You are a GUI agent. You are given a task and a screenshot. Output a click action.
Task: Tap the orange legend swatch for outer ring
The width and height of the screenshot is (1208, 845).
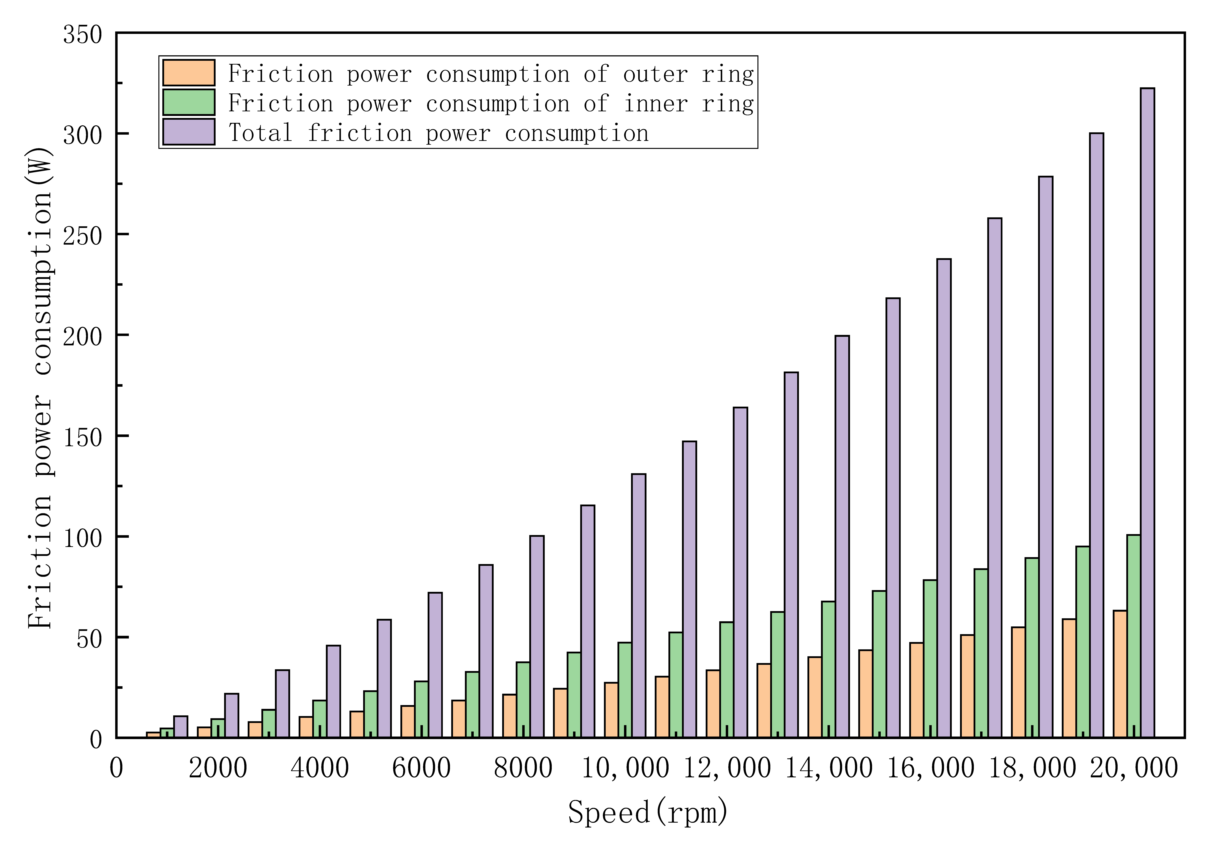point(188,73)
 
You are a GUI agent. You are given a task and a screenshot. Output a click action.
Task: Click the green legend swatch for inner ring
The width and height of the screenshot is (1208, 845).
point(188,102)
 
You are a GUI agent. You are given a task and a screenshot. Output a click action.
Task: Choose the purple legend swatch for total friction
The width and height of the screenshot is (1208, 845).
point(188,132)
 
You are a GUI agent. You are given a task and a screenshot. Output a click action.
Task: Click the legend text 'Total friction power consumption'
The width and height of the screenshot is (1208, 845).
point(438,133)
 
